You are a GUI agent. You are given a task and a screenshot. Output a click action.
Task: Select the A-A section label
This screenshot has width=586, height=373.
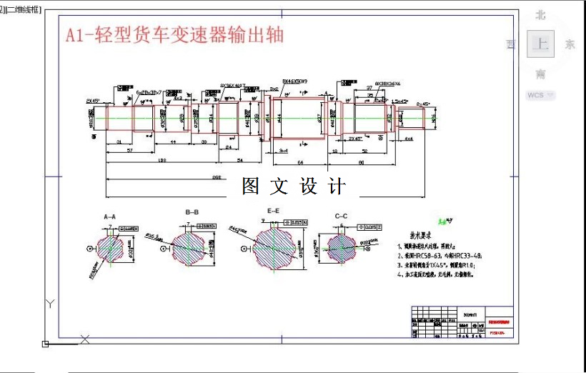tap(109, 216)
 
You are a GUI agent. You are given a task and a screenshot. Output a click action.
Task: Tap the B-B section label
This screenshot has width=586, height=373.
tap(192, 212)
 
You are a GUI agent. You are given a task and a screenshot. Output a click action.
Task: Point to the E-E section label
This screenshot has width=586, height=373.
tap(273, 212)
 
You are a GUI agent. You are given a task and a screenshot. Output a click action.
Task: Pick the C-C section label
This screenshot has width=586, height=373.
tap(341, 216)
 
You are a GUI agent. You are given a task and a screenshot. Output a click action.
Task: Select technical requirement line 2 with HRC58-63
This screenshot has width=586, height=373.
tap(441, 254)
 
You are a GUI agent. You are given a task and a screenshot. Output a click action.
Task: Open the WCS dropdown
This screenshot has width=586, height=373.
tap(540, 95)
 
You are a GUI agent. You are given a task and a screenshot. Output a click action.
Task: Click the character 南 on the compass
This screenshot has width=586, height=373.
tap(540, 74)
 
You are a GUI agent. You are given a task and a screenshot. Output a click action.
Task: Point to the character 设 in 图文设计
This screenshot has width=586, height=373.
tap(309, 186)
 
